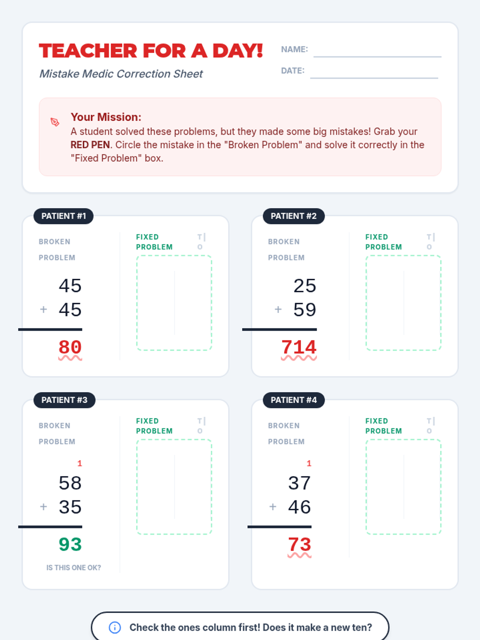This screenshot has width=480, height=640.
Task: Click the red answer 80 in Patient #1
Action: click(x=70, y=347)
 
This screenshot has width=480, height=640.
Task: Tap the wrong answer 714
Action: click(x=299, y=347)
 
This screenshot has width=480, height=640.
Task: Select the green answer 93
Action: click(x=70, y=544)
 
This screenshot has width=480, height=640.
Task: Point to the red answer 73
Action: click(x=299, y=544)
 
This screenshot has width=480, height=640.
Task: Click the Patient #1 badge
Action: click(x=64, y=216)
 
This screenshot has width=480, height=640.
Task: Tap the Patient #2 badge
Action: click(x=294, y=216)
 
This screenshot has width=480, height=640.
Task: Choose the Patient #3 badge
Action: click(x=64, y=400)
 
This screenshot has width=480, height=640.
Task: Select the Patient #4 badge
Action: click(x=294, y=400)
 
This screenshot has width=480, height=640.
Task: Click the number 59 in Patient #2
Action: click(x=304, y=310)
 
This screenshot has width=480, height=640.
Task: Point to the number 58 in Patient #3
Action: click(x=70, y=483)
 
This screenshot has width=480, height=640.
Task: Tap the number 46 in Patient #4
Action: click(x=299, y=507)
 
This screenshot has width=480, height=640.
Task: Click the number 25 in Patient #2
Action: click(x=304, y=286)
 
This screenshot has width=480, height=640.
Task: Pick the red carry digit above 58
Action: click(x=80, y=463)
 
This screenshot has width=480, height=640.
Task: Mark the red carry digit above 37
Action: click(x=309, y=463)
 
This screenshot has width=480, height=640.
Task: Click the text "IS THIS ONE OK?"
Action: click(x=74, y=568)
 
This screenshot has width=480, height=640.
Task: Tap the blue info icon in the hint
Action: click(x=115, y=627)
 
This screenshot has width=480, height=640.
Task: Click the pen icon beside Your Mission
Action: click(x=55, y=122)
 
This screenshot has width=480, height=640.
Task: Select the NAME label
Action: click(x=294, y=50)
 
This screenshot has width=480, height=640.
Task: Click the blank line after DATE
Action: click(x=374, y=78)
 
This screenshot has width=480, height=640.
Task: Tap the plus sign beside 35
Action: click(x=44, y=507)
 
